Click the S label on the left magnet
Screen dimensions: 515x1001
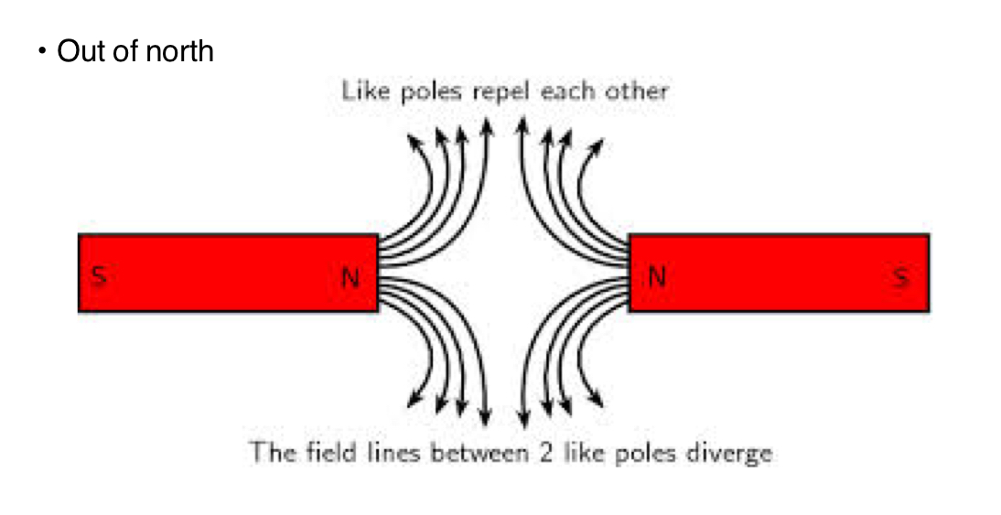point(99,276)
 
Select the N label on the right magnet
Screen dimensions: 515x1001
point(656,276)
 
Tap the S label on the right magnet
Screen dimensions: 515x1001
point(902,276)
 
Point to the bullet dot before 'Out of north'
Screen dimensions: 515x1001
point(41,51)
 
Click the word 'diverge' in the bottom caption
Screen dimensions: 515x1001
point(734,453)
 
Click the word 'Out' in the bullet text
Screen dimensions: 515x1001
point(77,51)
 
